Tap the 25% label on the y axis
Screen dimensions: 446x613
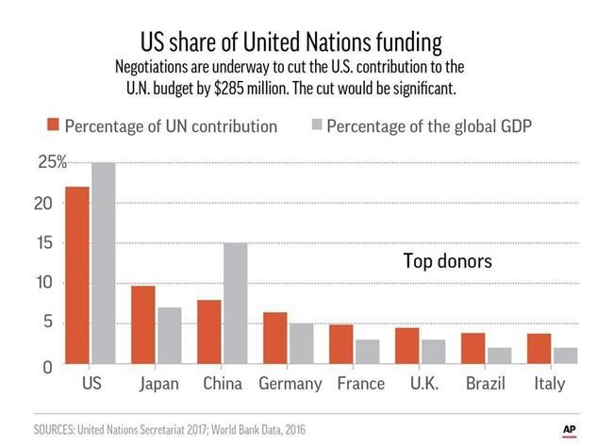click(52, 162)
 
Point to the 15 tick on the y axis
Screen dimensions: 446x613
click(46, 243)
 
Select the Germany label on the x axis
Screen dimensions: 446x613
click(289, 384)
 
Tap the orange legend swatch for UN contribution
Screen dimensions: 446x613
click(54, 126)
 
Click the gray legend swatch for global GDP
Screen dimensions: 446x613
click(315, 126)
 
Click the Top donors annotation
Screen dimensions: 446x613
click(448, 261)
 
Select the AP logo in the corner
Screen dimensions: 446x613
click(569, 428)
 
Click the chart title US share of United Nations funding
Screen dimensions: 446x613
click(291, 43)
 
